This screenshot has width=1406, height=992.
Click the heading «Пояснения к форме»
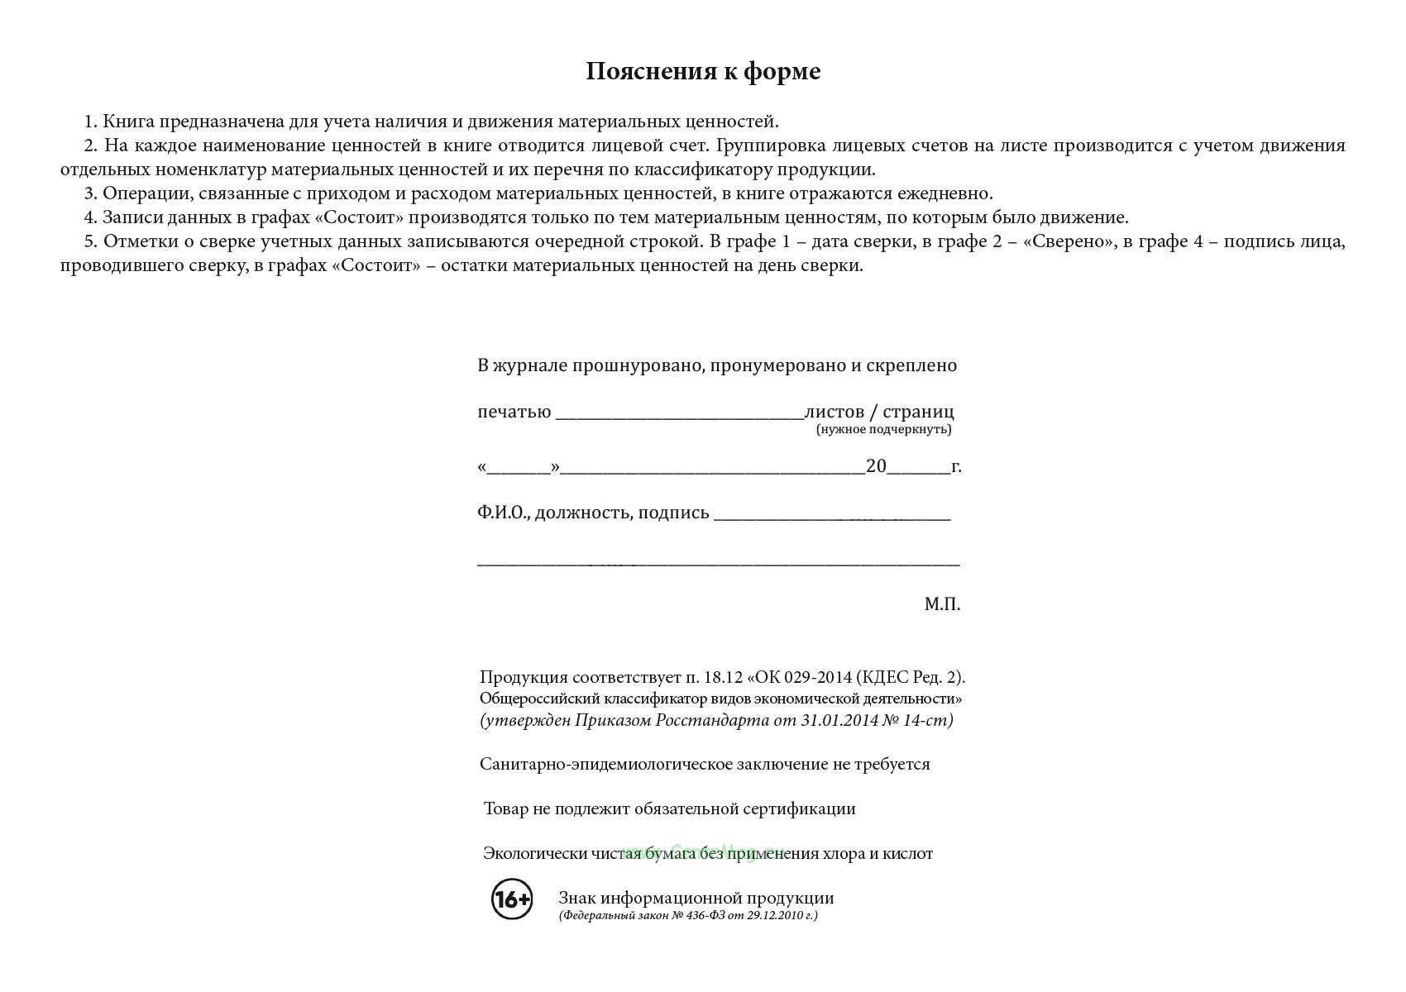click(703, 72)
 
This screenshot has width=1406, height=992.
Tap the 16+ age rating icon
click(512, 899)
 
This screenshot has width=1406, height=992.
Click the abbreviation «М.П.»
click(942, 604)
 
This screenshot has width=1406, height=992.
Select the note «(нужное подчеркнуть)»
click(883, 429)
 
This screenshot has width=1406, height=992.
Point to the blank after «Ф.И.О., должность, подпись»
click(831, 516)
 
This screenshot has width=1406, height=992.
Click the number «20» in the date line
click(876, 466)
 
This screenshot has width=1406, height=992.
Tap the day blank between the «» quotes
click(519, 469)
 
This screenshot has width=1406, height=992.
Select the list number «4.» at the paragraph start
click(91, 217)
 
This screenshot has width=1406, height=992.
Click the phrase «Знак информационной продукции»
click(696, 898)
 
